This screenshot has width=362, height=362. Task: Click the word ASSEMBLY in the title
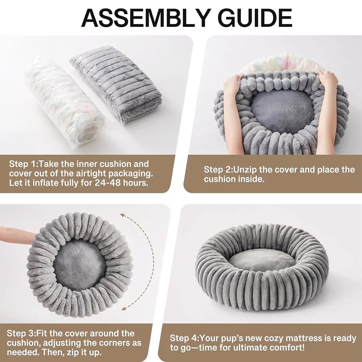pyautogui.click(x=146, y=18)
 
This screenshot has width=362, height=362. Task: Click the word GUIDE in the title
pyautogui.click(x=255, y=18)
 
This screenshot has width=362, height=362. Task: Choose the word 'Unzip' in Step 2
pyautogui.click(x=245, y=170)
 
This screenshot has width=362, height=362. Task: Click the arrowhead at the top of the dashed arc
pyautogui.click(x=123, y=215)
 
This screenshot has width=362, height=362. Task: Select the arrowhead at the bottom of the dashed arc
pyautogui.click(x=124, y=308)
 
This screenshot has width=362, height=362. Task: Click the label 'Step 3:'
pyautogui.click(x=21, y=334)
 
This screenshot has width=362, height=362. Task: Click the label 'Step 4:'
pyautogui.click(x=185, y=338)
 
